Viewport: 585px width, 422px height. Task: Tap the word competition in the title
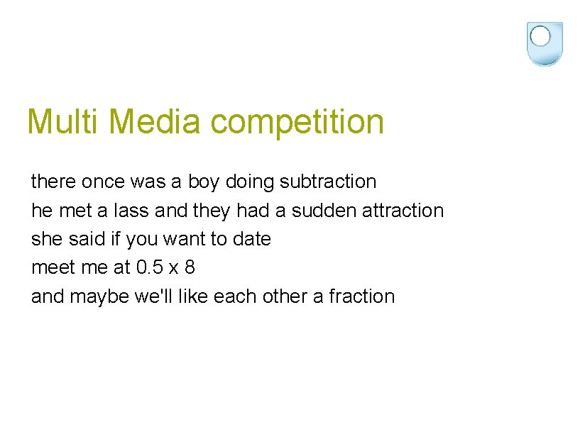click(297, 123)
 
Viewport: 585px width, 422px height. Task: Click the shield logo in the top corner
click(545, 43)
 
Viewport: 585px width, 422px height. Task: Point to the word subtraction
click(328, 182)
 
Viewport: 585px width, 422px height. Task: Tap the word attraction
click(403, 211)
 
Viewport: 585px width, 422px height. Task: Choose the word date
click(251, 239)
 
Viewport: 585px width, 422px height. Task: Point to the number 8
click(189, 267)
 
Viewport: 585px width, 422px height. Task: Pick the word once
click(102, 182)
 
